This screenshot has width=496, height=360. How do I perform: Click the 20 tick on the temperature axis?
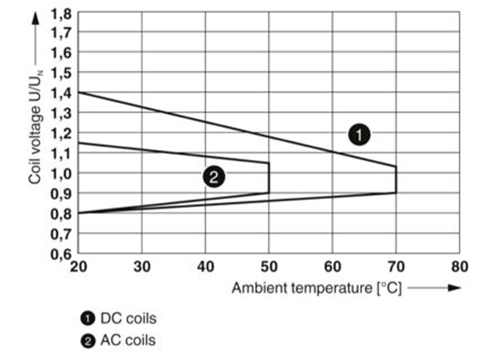78,266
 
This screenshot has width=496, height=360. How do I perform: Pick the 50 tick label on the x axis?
269,266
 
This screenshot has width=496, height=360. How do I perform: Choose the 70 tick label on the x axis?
396,266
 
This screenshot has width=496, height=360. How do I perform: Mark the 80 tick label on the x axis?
459,266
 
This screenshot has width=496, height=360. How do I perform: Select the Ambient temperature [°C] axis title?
316,288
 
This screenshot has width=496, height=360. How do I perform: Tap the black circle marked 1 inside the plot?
359,135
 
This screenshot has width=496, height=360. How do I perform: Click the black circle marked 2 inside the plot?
213,176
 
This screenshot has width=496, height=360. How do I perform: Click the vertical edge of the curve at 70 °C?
396,180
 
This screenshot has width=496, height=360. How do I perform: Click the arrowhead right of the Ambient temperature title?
454,288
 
